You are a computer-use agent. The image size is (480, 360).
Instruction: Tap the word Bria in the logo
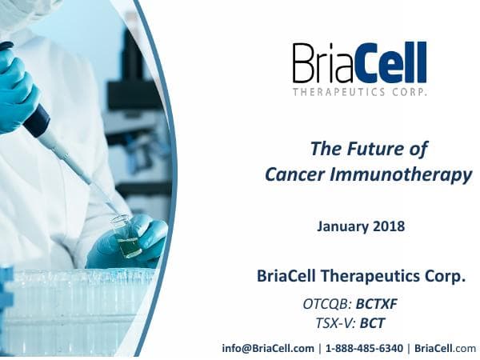coord(321,62)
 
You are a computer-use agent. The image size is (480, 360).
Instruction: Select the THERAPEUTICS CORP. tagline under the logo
coord(359,92)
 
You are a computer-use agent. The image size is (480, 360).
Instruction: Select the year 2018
coord(387,226)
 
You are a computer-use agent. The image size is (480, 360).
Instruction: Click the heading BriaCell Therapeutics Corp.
coord(361,276)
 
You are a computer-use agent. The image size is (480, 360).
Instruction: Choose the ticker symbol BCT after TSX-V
coord(373,323)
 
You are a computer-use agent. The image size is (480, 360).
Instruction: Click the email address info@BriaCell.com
coord(268,348)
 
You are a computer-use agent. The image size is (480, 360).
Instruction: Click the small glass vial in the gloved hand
coord(127,238)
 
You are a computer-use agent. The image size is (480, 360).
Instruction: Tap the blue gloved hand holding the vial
coord(144,240)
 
